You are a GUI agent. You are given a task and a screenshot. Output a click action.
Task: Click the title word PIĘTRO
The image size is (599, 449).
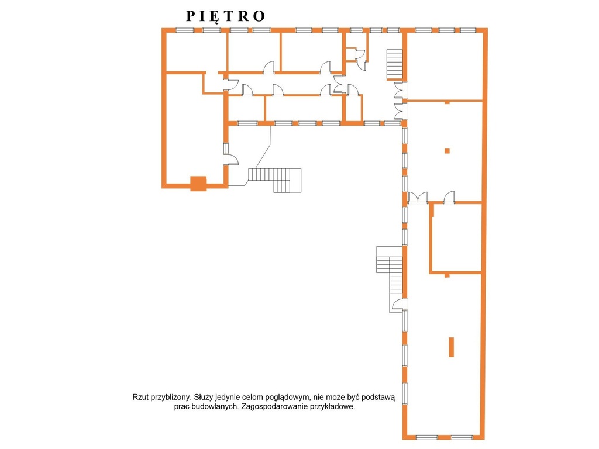(225, 16)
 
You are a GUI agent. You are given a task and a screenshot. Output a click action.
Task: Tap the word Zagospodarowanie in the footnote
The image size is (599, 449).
(274, 407)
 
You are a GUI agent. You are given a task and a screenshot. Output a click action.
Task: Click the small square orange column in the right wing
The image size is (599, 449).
(447, 151)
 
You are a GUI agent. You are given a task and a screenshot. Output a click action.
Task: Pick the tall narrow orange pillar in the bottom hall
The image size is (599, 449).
(451, 347)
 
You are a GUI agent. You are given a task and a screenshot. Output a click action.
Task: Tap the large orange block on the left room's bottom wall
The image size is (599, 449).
(199, 183)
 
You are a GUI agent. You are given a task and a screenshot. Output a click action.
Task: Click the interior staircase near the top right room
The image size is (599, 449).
(395, 64)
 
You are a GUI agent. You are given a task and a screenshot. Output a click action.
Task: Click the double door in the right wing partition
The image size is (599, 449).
(418, 198)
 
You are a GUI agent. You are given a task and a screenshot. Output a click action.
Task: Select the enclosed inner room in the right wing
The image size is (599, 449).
(456, 238)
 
